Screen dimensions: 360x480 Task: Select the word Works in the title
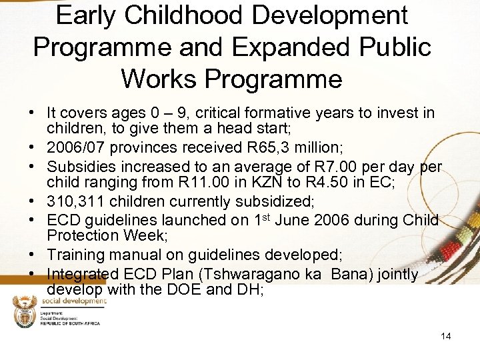tap(159, 79)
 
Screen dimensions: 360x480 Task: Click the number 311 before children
tap(89, 201)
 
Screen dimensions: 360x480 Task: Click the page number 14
tap(445, 336)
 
